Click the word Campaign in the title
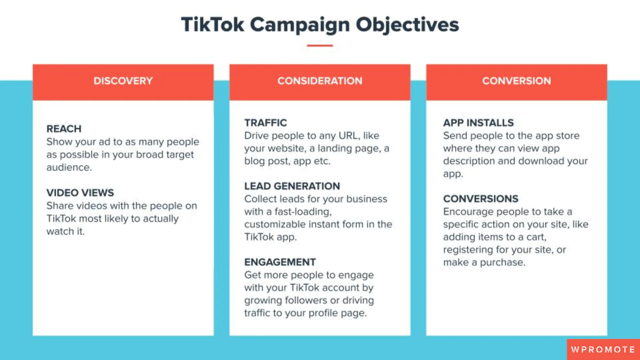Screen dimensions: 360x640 (x=300, y=25)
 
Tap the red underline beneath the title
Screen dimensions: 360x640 (x=320, y=45)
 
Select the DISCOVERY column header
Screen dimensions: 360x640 (x=123, y=81)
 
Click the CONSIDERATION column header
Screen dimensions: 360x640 (x=320, y=81)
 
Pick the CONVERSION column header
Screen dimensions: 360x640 (x=516, y=81)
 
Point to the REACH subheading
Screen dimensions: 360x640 (x=64, y=129)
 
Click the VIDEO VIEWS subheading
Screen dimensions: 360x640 (x=80, y=193)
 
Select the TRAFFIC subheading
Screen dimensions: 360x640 (x=265, y=123)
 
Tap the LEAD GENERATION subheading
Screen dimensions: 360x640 (x=292, y=186)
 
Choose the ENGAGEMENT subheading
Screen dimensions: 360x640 (x=280, y=262)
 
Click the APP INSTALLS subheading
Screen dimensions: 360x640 (x=478, y=123)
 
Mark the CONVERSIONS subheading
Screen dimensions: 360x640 (x=481, y=199)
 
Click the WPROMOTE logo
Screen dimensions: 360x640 (x=603, y=350)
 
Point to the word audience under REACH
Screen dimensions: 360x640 (x=69, y=167)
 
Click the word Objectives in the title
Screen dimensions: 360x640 (x=407, y=25)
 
